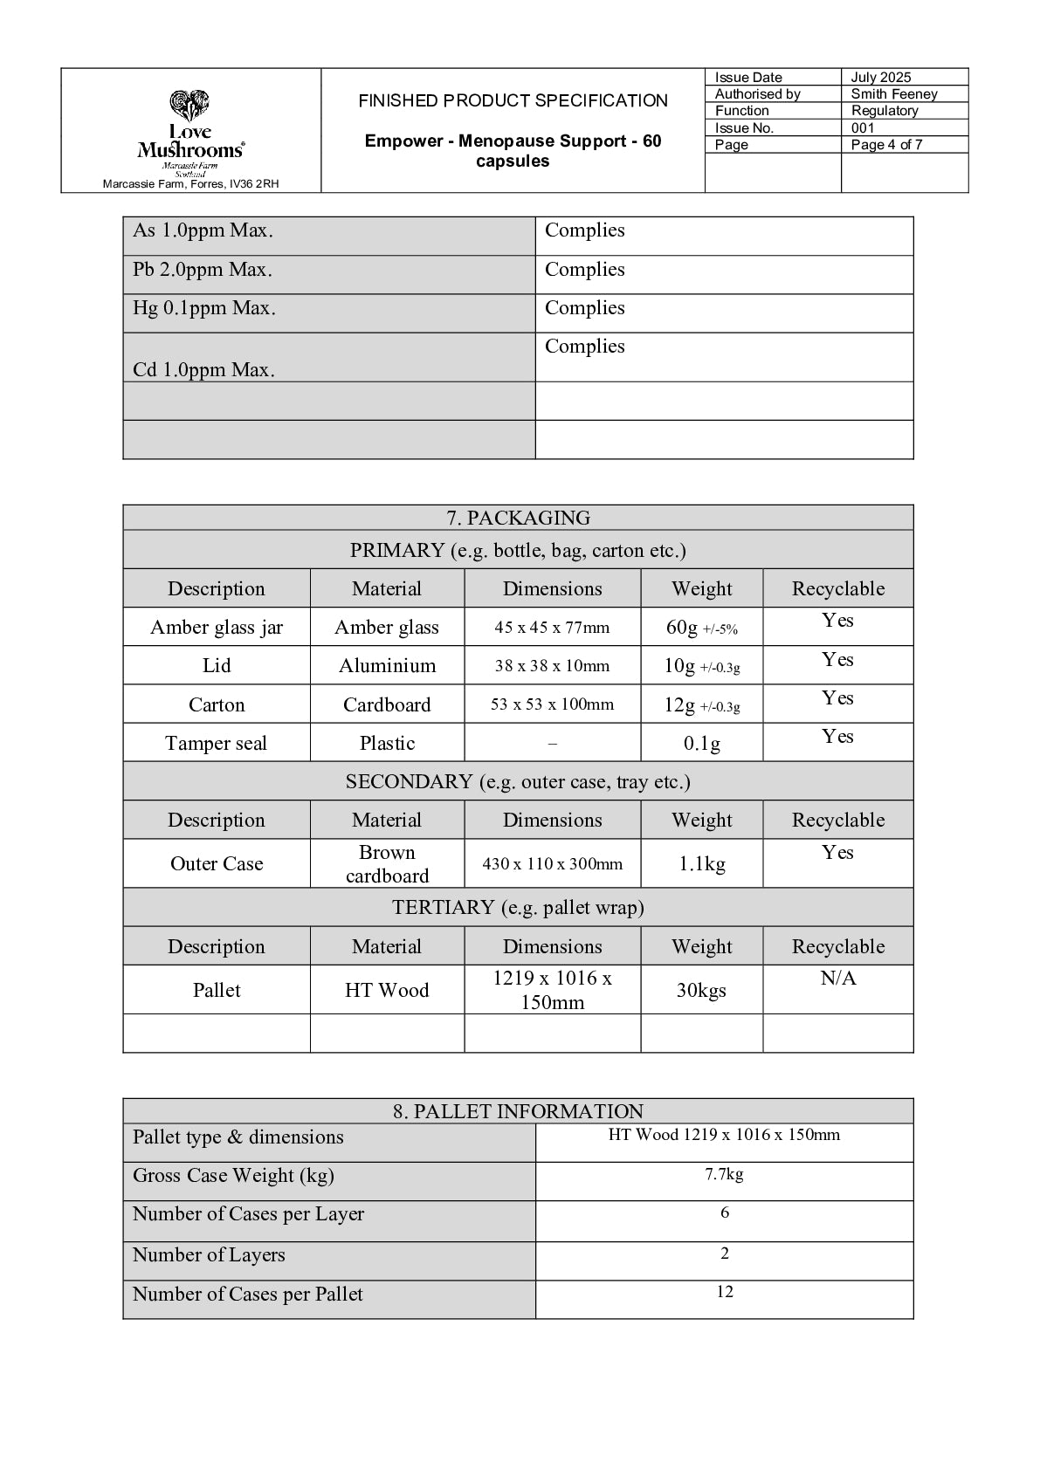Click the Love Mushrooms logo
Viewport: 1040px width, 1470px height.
pyautogui.click(x=190, y=131)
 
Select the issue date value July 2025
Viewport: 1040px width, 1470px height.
pyautogui.click(x=880, y=78)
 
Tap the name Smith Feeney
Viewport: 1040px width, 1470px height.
pyautogui.click(x=893, y=94)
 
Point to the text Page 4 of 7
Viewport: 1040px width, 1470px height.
pyautogui.click(x=886, y=145)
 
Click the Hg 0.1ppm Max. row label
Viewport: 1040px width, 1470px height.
pyautogui.click(x=204, y=308)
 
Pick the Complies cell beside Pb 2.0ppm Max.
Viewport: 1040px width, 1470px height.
pyautogui.click(x=585, y=270)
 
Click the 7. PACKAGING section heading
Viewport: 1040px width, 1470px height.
pyautogui.click(x=518, y=518)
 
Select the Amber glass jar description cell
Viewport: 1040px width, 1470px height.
pyautogui.click(x=217, y=628)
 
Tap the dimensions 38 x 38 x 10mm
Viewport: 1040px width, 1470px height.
pyautogui.click(x=552, y=666)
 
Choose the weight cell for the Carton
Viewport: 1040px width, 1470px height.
pyautogui.click(x=701, y=704)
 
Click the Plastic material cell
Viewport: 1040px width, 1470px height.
pyautogui.click(x=387, y=743)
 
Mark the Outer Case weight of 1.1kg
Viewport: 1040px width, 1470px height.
pyautogui.click(x=701, y=864)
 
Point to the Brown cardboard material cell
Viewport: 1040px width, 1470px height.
pyautogui.click(x=387, y=864)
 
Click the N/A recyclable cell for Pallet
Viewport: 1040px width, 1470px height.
pyautogui.click(x=837, y=979)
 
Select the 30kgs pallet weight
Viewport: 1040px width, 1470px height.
pyautogui.click(x=701, y=990)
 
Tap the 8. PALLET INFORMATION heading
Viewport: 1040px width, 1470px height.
pyautogui.click(x=518, y=1111)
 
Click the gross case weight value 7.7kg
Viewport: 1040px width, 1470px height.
pyautogui.click(x=724, y=1175)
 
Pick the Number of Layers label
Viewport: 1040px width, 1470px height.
pyautogui.click(x=209, y=1255)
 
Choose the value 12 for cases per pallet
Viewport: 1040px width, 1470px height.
pyautogui.click(x=724, y=1292)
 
